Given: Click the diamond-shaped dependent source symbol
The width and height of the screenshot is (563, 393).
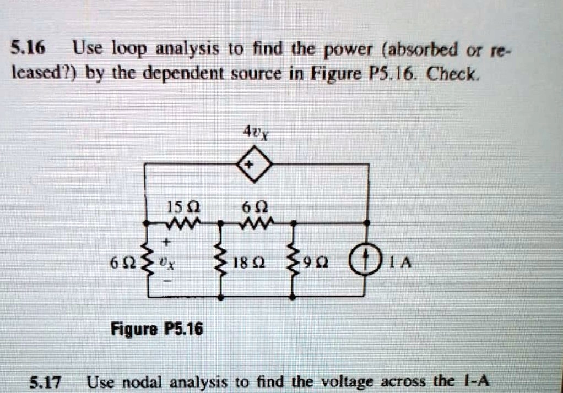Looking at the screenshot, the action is click(255, 165).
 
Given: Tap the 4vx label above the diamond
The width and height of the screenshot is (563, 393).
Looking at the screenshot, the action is click(256, 133).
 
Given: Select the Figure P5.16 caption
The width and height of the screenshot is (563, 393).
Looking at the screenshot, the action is click(157, 328).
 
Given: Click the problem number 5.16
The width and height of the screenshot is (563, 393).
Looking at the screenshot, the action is click(28, 48).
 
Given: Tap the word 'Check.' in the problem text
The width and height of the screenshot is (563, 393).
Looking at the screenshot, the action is click(453, 74).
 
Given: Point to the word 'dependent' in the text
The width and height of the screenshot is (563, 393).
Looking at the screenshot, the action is click(184, 75).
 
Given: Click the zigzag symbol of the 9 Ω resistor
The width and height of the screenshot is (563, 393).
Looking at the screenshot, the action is click(293, 260).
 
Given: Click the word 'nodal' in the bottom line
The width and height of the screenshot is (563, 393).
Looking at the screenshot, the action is click(144, 382).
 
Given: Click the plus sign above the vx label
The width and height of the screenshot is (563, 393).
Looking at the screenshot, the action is click(165, 242).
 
